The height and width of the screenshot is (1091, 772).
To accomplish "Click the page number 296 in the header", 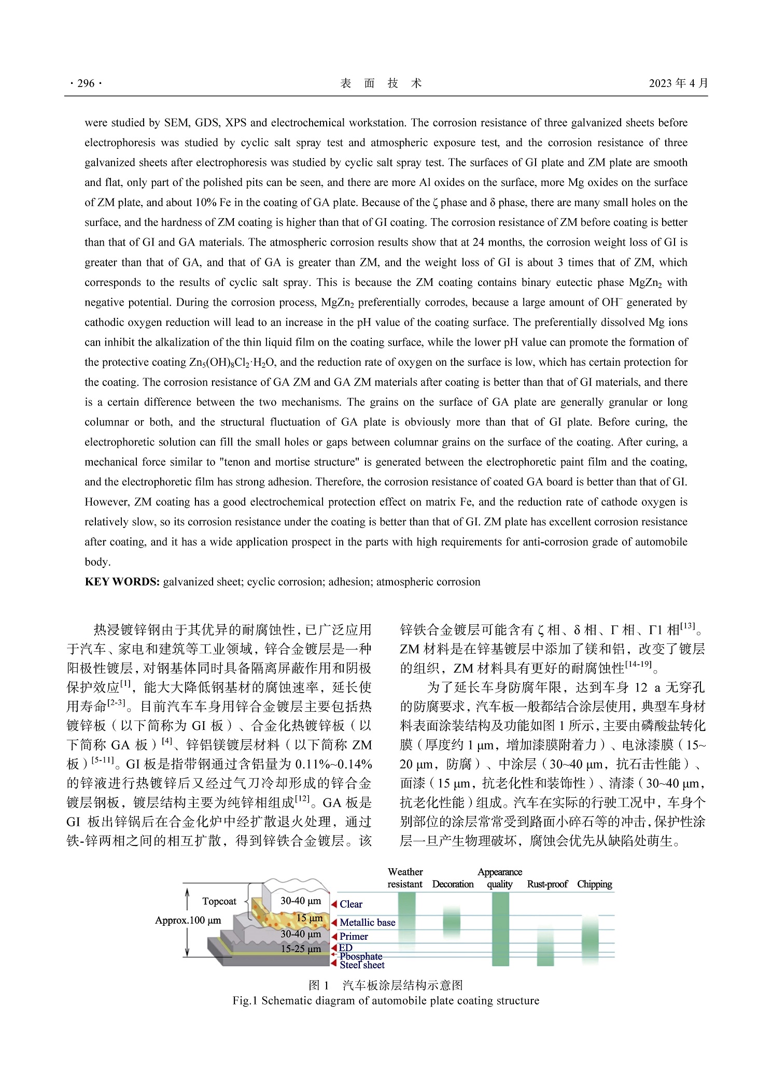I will coord(86,83).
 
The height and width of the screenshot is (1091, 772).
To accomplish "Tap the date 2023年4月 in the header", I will coord(678,83).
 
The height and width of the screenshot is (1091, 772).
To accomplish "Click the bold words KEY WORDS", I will coord(122,582).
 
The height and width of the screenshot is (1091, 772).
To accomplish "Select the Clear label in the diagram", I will coord(351,904).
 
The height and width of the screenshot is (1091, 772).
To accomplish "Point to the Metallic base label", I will coord(367,922).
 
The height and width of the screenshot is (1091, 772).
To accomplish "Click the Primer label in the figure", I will coord(354,936).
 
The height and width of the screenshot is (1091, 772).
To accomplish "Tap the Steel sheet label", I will coord(362,965).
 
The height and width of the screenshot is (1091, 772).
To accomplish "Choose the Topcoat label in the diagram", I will coord(219,901).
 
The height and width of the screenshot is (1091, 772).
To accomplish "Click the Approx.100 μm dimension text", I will coord(188,920).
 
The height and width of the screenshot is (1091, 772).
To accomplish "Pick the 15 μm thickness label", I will coord(310,918).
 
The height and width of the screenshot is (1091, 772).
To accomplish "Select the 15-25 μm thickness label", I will coord(301,949).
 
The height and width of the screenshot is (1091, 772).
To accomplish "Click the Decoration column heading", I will coord(453,884).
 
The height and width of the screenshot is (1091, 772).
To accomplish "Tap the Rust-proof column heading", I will coord(547,884).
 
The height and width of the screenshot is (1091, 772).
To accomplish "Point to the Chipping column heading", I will coord(594,884).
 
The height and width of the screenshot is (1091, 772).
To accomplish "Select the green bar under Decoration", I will coord(452,922).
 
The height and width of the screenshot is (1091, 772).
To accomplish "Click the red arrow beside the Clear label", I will coord(334,904).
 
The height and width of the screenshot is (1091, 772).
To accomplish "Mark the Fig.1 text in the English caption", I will coord(245,1000).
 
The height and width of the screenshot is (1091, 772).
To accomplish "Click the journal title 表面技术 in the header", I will coord(381,83).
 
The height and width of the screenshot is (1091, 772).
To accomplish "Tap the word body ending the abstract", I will coord(97,562).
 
